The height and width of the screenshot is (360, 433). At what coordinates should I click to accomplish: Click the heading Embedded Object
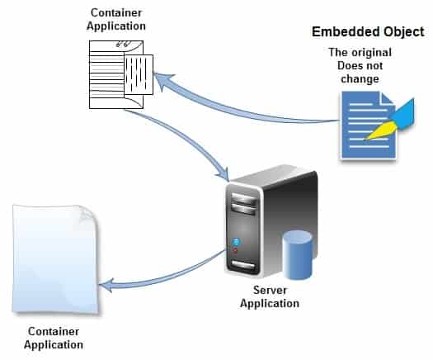pyautogui.click(x=368, y=32)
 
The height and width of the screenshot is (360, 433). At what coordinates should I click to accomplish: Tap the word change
pyautogui.click(x=360, y=78)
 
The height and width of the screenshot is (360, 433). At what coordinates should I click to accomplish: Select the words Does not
pyautogui.click(x=360, y=66)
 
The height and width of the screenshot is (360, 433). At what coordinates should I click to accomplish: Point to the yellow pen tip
pyautogui.click(x=380, y=130)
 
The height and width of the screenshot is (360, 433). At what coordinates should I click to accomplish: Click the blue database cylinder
pyautogui.click(x=298, y=254)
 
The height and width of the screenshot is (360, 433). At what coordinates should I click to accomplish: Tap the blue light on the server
pyautogui.click(x=236, y=242)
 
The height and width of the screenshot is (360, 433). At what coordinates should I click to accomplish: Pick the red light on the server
pyautogui.click(x=235, y=251)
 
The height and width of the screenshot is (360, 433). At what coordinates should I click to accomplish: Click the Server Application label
pyautogui.click(x=270, y=296)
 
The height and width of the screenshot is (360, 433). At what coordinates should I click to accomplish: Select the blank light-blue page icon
pyautogui.click(x=55, y=259)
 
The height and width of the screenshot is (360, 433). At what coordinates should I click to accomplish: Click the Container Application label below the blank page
pyautogui.click(x=54, y=338)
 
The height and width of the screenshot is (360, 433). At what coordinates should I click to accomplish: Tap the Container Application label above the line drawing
pyautogui.click(x=116, y=19)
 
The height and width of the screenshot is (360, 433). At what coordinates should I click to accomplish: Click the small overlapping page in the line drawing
pyautogui.click(x=139, y=74)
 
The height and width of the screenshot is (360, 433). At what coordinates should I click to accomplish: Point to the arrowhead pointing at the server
pyautogui.click(x=224, y=174)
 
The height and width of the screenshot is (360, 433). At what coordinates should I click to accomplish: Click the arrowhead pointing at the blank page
pyautogui.click(x=107, y=286)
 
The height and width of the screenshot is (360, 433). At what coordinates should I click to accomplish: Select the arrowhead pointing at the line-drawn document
pyautogui.click(x=162, y=82)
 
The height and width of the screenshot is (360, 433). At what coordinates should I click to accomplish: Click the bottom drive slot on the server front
pyautogui.click(x=243, y=265)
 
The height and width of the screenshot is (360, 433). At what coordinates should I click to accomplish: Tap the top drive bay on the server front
pyautogui.click(x=244, y=199)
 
